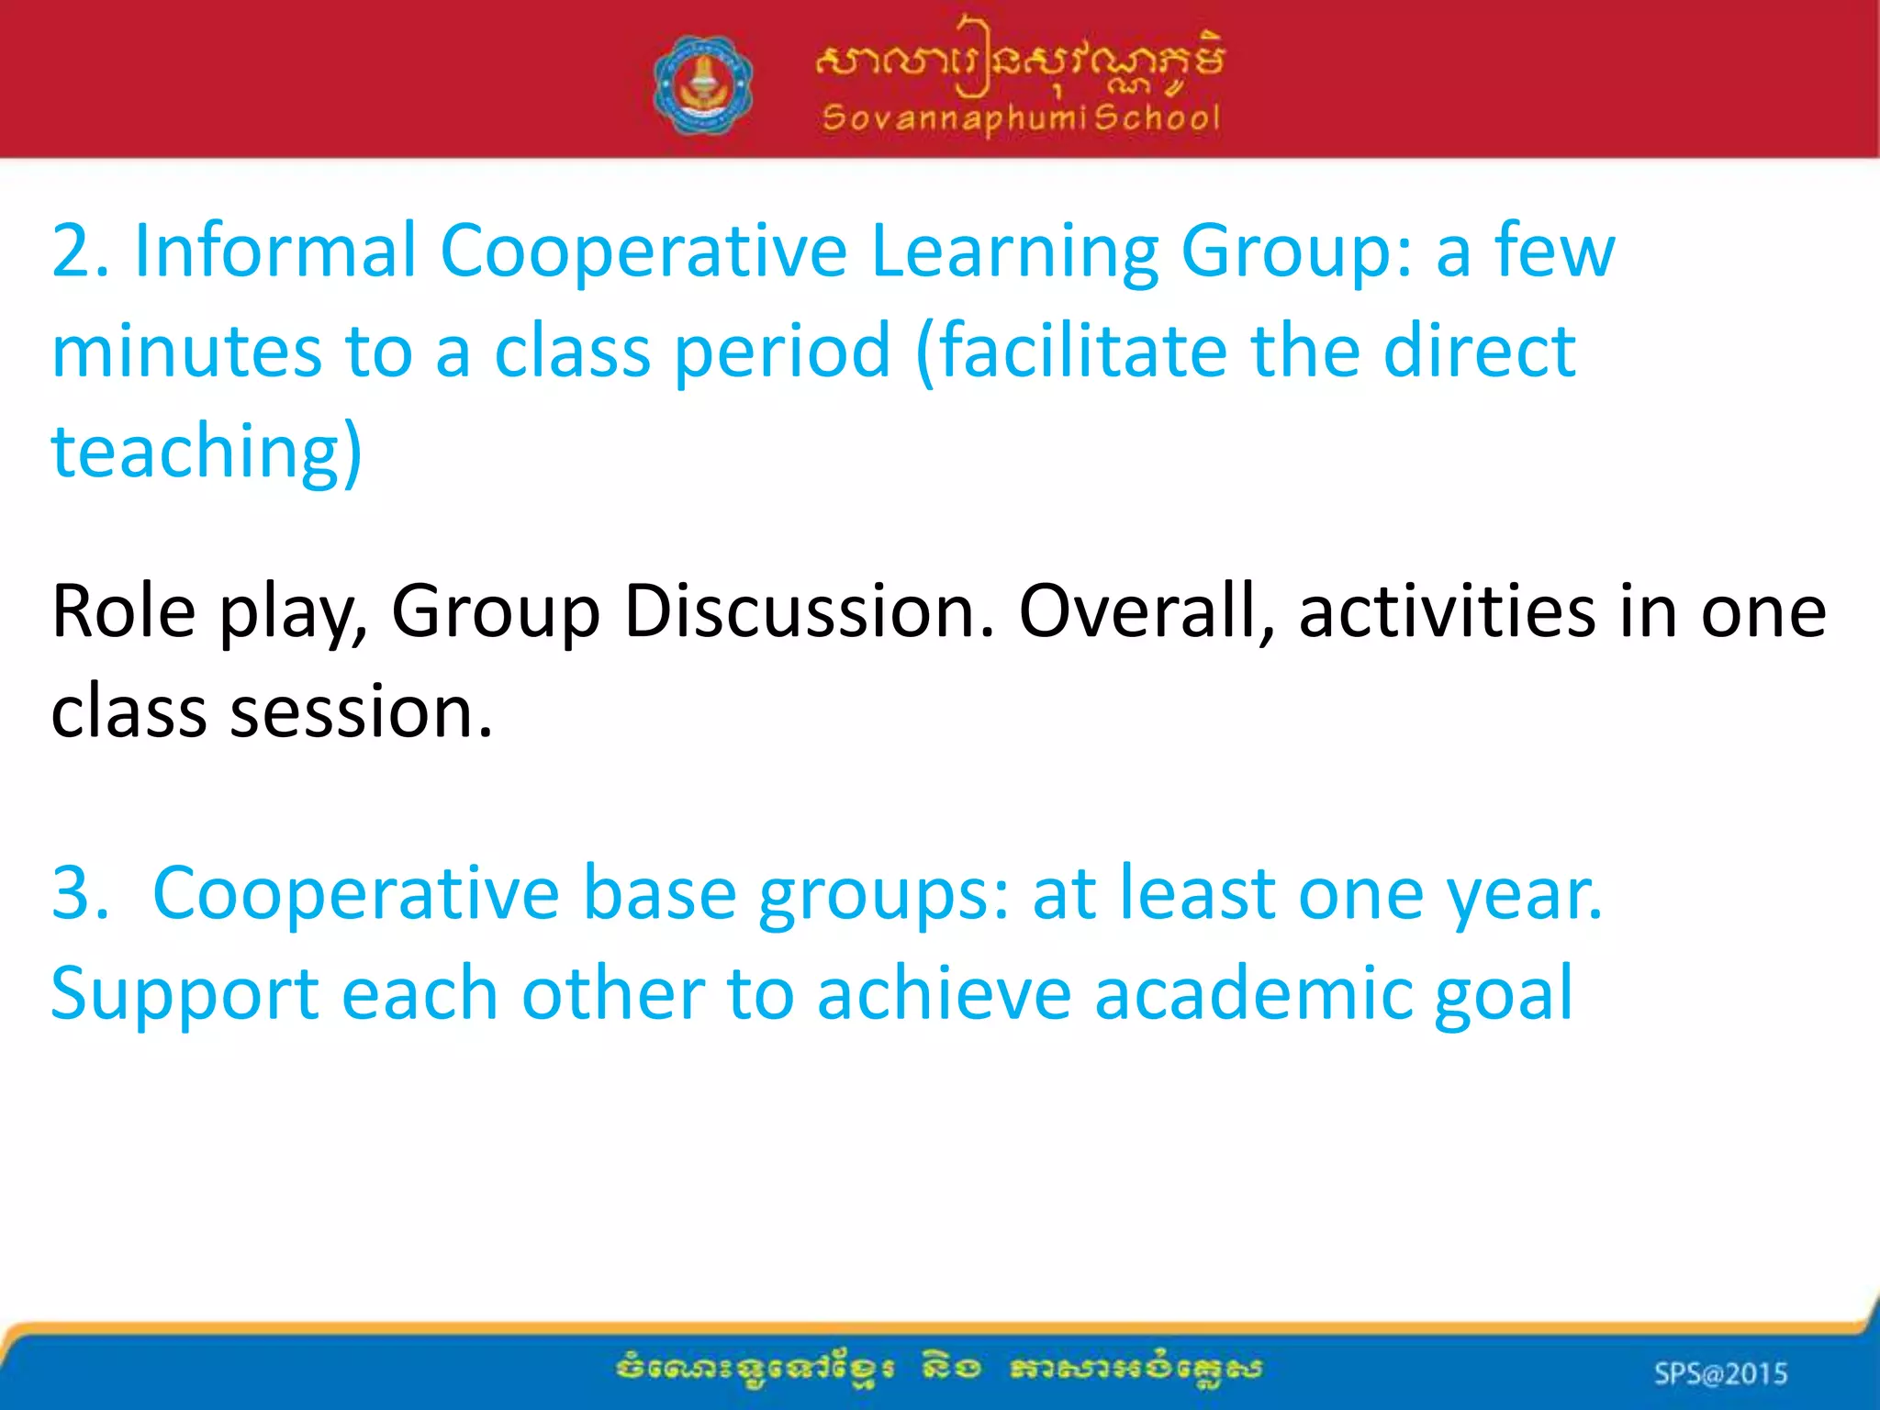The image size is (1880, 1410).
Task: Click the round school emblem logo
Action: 703,85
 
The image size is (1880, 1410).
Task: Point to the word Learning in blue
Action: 1014,252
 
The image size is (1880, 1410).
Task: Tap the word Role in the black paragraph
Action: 123,611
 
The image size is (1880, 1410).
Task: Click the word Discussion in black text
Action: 808,611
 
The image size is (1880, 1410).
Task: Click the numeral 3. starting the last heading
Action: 80,893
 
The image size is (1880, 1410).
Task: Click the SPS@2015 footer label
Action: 1720,1373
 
